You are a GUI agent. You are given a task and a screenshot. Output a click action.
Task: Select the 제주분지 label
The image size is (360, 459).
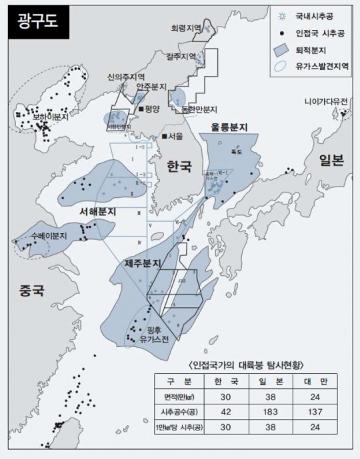(x=143, y=264)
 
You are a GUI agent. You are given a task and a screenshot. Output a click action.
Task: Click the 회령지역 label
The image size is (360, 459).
(x=187, y=29)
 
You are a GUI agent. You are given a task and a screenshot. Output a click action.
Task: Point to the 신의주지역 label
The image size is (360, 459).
(x=126, y=77)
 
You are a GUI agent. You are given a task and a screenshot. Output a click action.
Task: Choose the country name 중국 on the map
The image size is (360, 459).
(x=31, y=290)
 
